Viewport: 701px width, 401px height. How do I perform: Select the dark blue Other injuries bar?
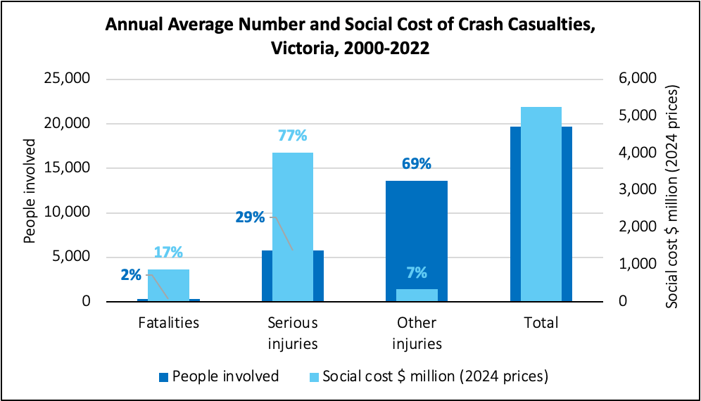tap(417, 232)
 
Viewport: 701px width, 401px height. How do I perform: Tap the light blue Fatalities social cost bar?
tap(168, 285)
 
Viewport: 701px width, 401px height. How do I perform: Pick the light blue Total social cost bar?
tap(541, 204)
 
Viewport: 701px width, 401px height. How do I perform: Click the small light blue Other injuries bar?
tap(417, 295)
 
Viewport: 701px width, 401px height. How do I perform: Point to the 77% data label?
tap(293, 136)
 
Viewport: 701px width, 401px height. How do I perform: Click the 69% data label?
tap(416, 164)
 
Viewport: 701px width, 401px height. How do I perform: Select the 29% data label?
tap(250, 217)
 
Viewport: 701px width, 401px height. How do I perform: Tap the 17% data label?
tap(168, 252)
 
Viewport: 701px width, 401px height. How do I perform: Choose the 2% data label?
tap(131, 275)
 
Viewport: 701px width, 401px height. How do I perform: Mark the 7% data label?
tap(416, 273)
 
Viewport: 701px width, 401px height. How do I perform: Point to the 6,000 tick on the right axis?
tap(638, 79)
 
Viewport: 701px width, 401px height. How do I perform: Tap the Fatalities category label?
tap(168, 323)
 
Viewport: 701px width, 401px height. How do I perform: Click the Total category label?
tap(541, 323)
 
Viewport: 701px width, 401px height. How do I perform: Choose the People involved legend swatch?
tap(163, 377)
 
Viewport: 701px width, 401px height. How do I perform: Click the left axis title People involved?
tap(30, 190)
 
